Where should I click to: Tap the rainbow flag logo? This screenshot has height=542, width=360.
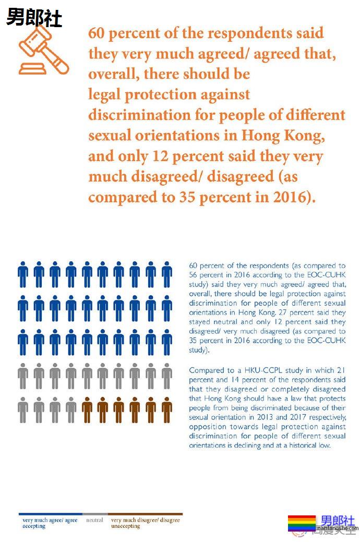point(302,523)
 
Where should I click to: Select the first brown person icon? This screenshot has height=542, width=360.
point(87,410)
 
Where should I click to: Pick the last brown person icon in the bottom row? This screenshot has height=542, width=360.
point(166,410)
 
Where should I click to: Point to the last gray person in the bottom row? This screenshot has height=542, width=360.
point(71,410)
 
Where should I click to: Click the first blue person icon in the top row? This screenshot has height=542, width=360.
point(23,274)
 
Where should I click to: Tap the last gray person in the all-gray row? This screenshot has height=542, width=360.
point(166,376)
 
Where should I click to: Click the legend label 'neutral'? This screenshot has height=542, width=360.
point(94,520)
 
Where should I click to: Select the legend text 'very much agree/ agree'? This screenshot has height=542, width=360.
point(50,520)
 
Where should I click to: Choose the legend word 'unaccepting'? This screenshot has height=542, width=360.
point(126,526)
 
